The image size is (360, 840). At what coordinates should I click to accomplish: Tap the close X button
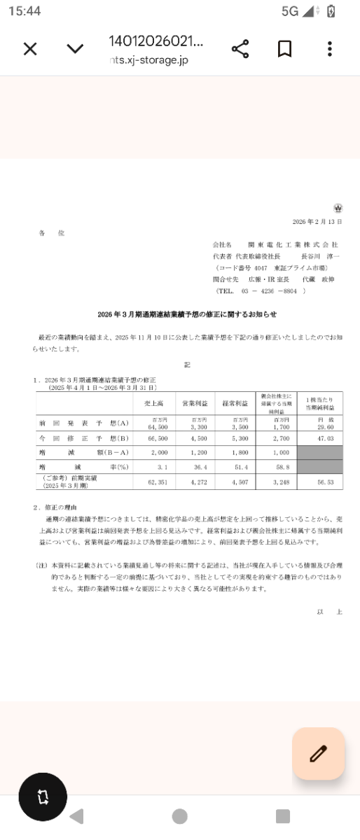(30, 49)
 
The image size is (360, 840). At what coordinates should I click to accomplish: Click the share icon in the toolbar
(240, 49)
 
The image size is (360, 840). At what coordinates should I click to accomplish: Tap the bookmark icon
(284, 49)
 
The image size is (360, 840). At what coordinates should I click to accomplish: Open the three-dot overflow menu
(329, 49)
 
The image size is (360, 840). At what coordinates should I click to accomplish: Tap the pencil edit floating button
(319, 753)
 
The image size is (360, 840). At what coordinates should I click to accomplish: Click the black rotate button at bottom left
(43, 797)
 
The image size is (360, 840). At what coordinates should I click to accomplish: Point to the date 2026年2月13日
(317, 221)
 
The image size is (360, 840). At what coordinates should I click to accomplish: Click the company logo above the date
(338, 209)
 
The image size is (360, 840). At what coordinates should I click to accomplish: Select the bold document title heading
(187, 314)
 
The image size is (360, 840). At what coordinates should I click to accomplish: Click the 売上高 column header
(165, 404)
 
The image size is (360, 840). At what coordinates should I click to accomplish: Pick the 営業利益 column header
(194, 404)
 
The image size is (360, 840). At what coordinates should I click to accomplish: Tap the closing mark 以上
(329, 611)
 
